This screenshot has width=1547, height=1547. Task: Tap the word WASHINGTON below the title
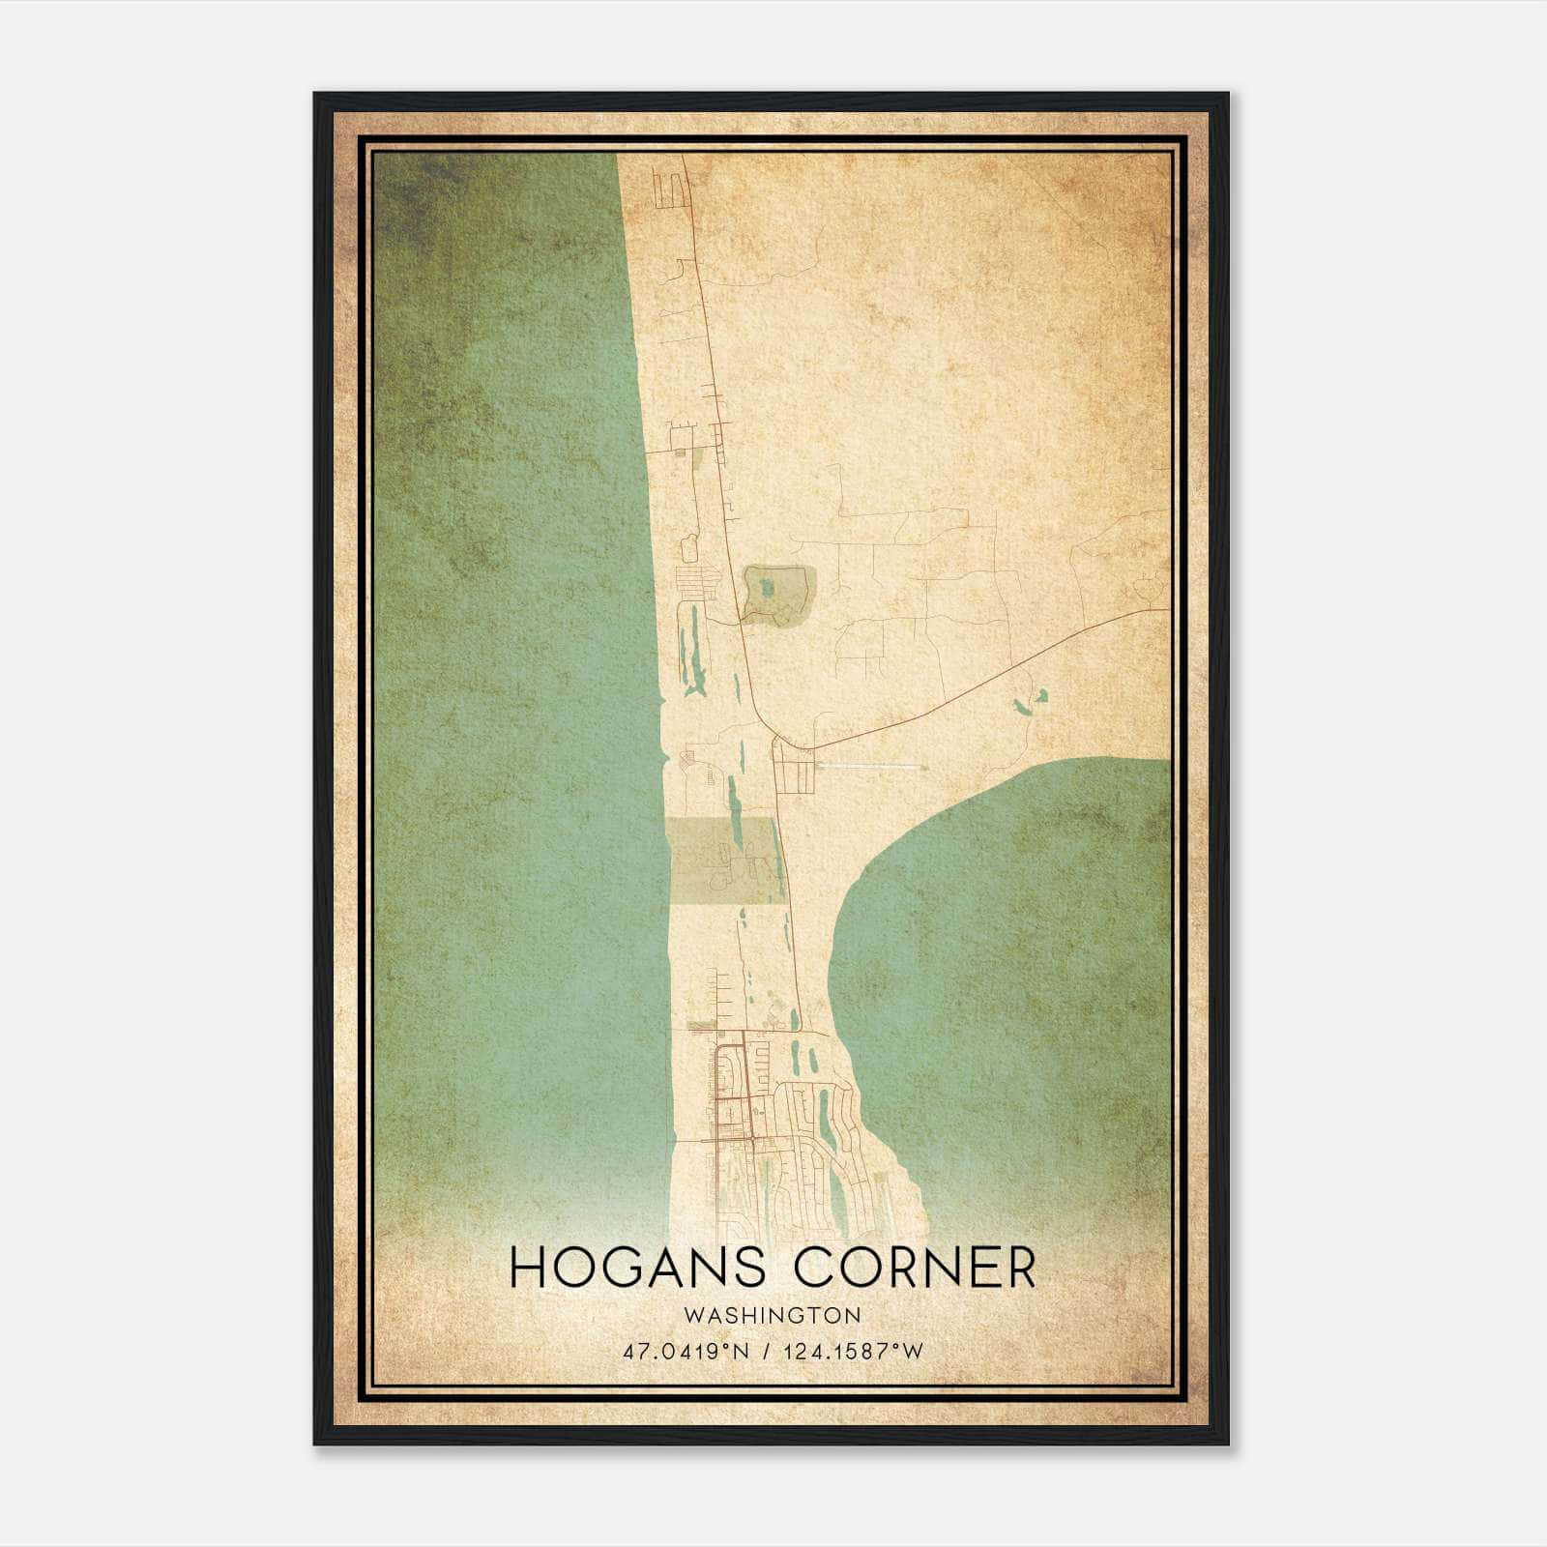point(772,1315)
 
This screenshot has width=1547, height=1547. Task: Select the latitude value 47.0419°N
point(686,1351)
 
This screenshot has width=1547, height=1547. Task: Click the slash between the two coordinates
point(767,1351)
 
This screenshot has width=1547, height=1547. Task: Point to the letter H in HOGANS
point(527,1268)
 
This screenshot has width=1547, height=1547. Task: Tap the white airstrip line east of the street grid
point(870,767)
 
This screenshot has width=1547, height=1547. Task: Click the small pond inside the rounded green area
point(767,586)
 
